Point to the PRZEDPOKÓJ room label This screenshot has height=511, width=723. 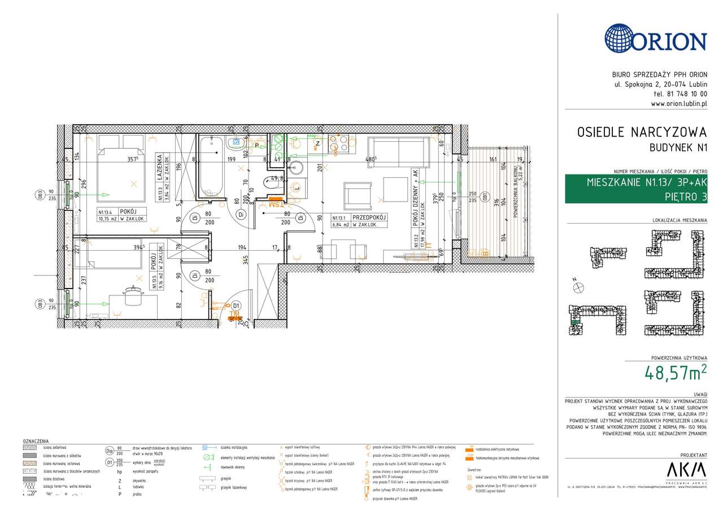pyautogui.click(x=369, y=217)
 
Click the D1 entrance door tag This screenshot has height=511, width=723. pyautogui.click(x=237, y=306)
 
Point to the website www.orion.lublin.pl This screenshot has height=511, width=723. pyautogui.click(x=678, y=104)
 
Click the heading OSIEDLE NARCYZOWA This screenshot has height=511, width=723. pyautogui.click(x=642, y=133)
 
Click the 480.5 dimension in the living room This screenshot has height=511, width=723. pyautogui.click(x=371, y=159)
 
